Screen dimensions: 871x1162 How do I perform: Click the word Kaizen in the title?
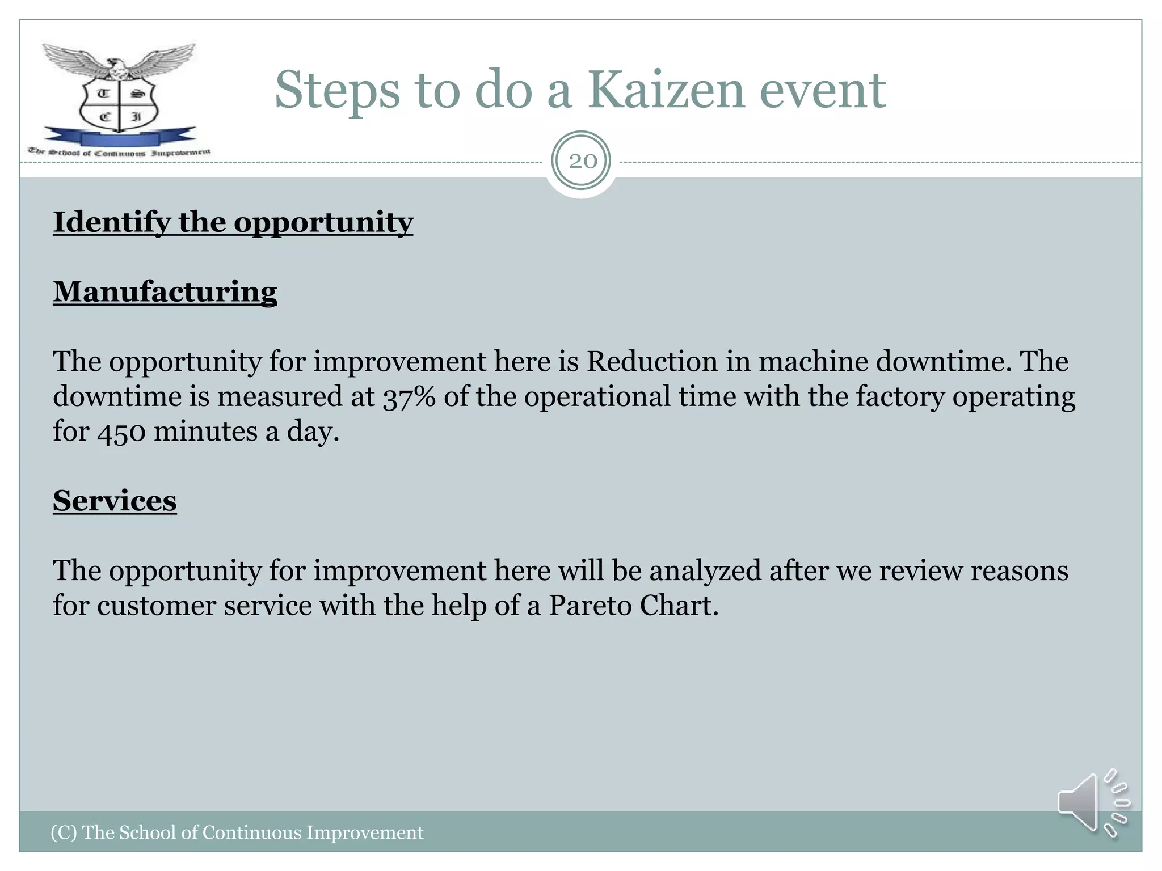[x=665, y=91]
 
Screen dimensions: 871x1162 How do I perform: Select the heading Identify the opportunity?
[x=233, y=222]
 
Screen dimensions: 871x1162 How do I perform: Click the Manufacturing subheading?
[x=165, y=292]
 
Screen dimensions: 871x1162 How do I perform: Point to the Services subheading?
[x=115, y=501]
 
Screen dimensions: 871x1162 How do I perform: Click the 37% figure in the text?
[x=409, y=397]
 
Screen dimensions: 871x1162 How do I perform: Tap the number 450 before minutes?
[x=121, y=432]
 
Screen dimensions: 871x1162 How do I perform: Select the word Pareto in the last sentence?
[x=590, y=606]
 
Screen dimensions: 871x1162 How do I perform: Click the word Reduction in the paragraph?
[x=652, y=362]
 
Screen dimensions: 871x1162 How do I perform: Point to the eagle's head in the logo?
[x=117, y=64]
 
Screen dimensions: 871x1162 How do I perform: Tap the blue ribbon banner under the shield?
[x=119, y=138]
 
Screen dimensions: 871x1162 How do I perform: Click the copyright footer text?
[x=237, y=832]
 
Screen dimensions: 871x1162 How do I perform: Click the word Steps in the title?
[x=337, y=91]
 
